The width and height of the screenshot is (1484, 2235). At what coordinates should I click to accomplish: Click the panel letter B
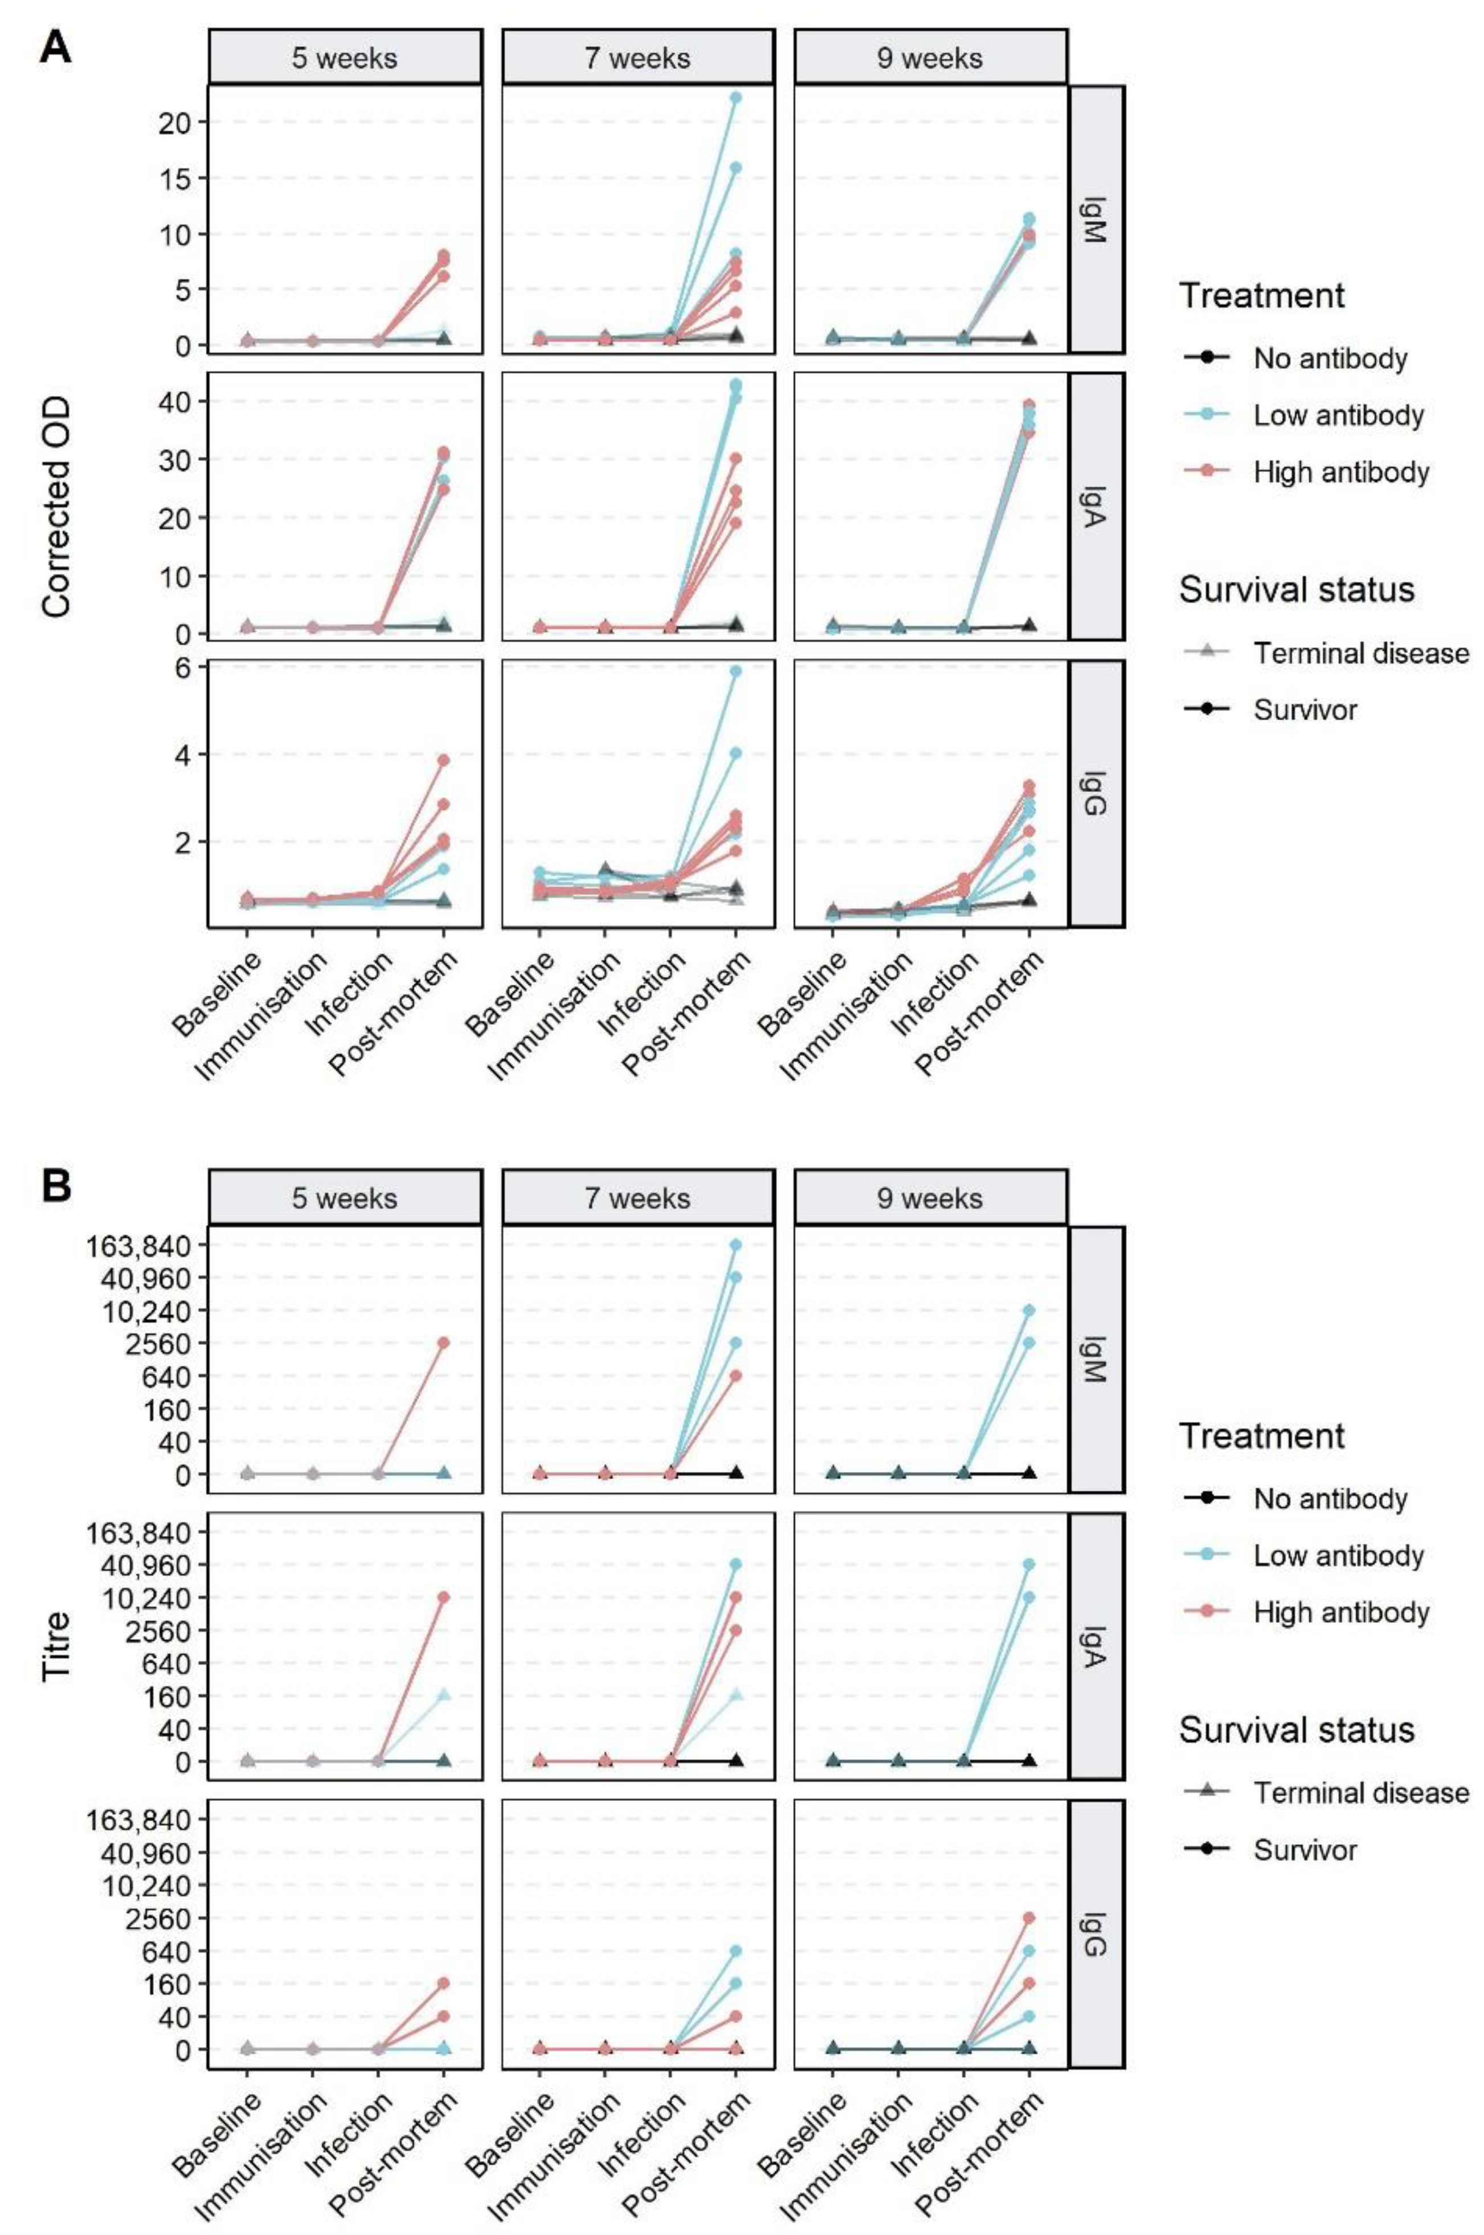(x=55, y=1186)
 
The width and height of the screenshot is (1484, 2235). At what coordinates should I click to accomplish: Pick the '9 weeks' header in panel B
(x=929, y=1198)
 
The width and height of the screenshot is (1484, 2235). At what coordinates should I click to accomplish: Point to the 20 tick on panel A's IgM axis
(x=177, y=122)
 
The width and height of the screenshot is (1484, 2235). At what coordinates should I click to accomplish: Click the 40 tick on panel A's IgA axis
(x=177, y=401)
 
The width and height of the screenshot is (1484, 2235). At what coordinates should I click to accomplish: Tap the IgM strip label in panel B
(x=1095, y=1359)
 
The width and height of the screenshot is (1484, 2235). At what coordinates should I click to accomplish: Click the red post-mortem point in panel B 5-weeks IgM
(x=443, y=1343)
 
